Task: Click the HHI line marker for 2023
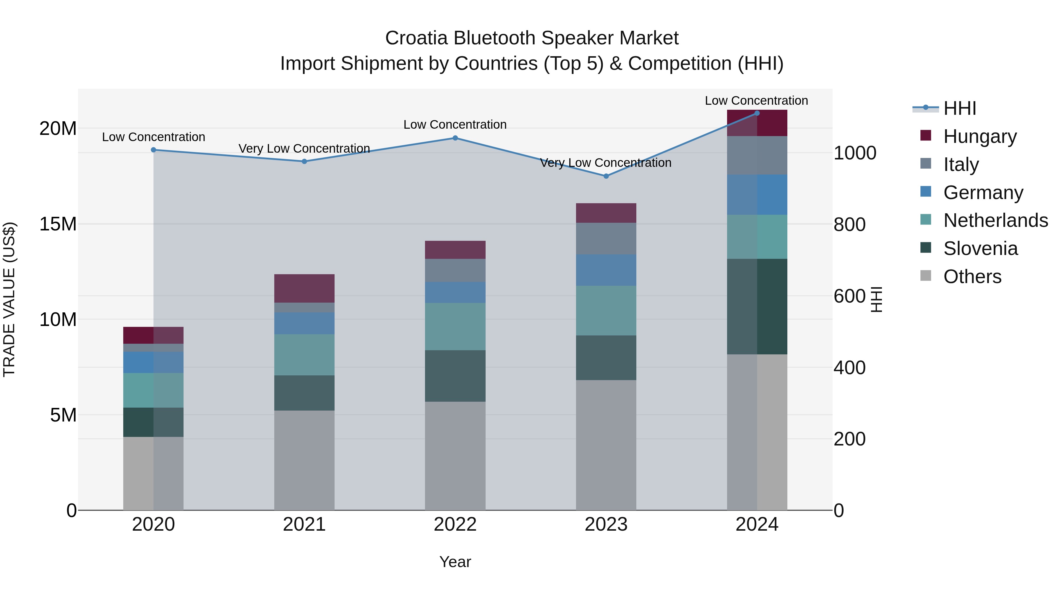[x=606, y=176]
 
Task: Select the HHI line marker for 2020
[x=154, y=150]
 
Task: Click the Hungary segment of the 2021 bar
[x=304, y=288]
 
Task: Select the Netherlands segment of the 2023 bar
[x=606, y=311]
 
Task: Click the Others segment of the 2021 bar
[x=304, y=460]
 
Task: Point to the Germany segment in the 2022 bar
[x=455, y=292]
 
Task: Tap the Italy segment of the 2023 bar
[x=606, y=238]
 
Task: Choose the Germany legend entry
[x=983, y=193]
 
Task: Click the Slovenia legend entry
[x=980, y=248]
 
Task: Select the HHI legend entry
[x=959, y=108]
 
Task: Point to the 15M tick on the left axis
[x=58, y=224]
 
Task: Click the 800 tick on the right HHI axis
[x=849, y=225]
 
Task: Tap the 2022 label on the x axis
[x=455, y=524]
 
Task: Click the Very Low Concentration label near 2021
[x=304, y=148]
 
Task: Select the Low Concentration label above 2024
[x=756, y=101]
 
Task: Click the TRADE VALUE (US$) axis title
[x=9, y=299]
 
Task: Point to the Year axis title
[x=455, y=562]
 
